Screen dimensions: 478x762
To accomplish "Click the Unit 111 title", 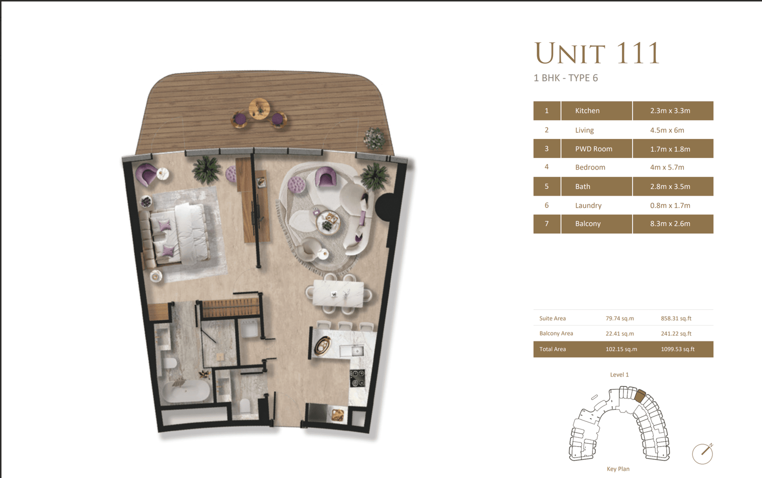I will [597, 53].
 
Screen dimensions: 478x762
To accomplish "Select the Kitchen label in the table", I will [587, 111].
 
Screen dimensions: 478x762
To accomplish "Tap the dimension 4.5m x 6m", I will [667, 130].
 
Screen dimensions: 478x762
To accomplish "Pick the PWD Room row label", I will [593, 149].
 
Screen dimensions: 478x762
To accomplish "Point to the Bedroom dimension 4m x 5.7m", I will [667, 168].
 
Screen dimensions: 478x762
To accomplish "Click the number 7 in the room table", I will [546, 224].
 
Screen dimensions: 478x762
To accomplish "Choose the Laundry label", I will [588, 206].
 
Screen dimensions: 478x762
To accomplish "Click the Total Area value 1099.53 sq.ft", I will [677, 349].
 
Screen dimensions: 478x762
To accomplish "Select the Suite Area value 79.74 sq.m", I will [620, 319].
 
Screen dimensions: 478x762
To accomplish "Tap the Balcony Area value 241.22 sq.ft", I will [676, 334].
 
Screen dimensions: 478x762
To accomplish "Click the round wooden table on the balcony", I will [259, 109].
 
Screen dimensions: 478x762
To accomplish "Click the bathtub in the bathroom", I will [186, 392].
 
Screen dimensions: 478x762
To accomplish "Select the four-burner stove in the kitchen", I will [358, 378].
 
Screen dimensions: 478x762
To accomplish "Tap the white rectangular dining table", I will [338, 293].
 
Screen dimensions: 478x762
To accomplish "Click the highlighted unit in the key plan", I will [640, 395].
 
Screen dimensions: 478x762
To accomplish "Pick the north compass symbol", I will [702, 453].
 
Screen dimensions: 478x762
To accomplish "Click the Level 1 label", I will [619, 375].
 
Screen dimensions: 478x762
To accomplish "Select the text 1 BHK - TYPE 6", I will [565, 78].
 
